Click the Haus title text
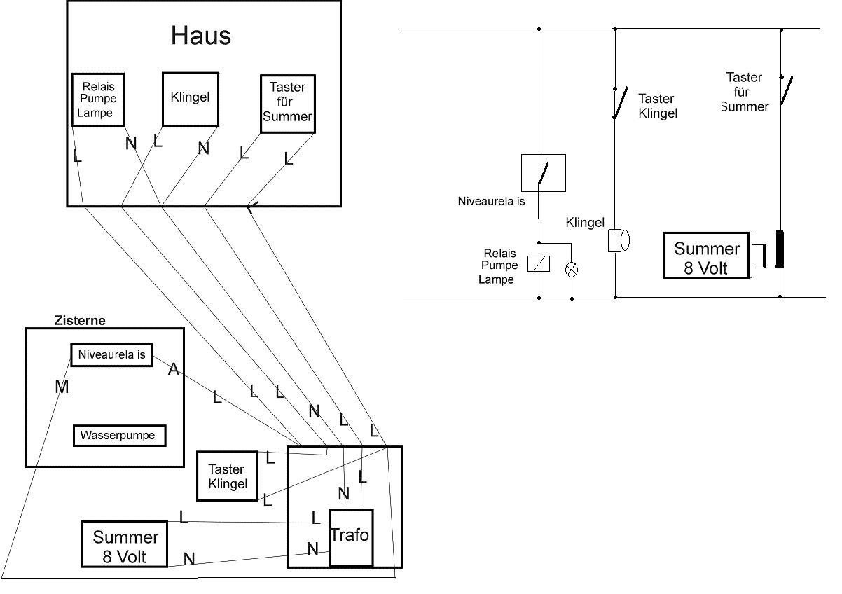tap(201, 36)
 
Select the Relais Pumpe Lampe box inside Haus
tap(98, 99)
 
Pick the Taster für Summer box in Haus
tap(287, 104)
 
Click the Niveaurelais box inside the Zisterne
tap(111, 355)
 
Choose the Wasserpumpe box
tap(119, 435)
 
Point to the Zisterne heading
tap(80, 320)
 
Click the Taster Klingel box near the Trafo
tap(227, 476)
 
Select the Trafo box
tap(350, 537)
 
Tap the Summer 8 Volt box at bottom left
tap(125, 544)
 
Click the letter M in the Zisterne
tap(62, 386)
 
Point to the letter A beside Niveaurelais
tap(173, 369)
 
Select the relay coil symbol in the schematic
tap(539, 264)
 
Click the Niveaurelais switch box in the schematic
tap(544, 173)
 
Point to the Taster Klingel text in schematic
tap(658, 106)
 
